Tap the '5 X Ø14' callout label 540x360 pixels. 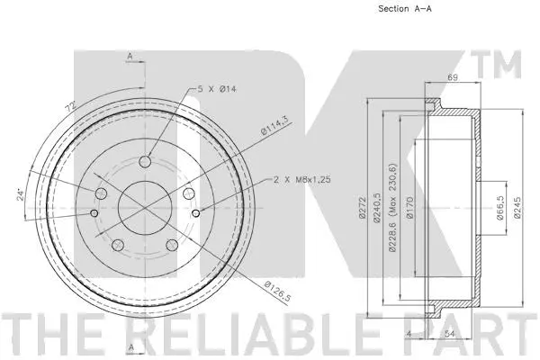tap(217, 89)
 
